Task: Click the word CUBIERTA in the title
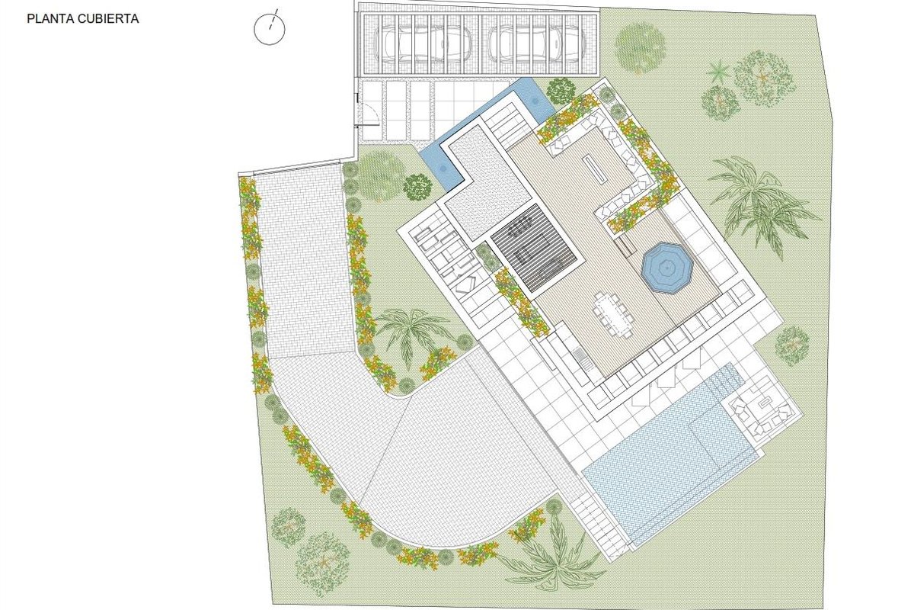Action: [106, 19]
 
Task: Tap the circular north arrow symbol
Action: [270, 27]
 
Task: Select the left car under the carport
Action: [423, 43]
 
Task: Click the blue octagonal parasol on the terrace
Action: [667, 268]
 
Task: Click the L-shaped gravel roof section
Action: [487, 184]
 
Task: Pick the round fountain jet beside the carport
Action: [534, 101]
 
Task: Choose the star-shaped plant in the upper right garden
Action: [718, 72]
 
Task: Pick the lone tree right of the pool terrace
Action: [791, 345]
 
